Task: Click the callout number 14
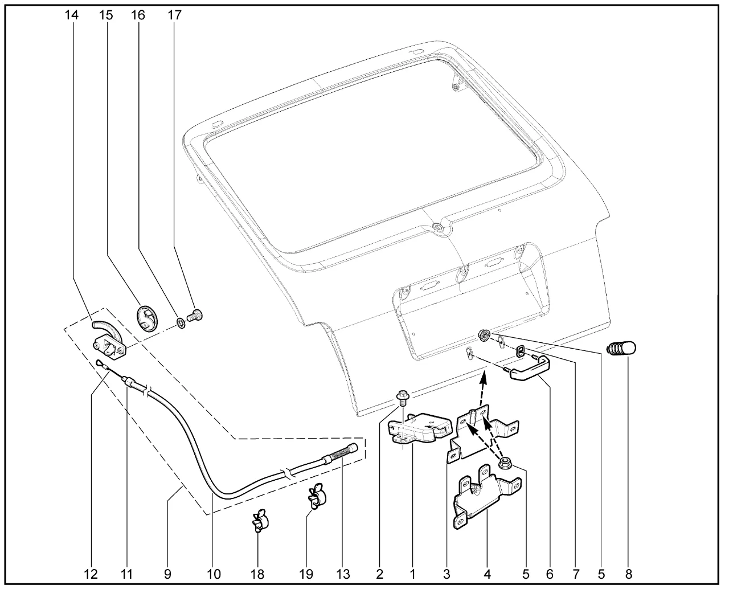[x=72, y=15]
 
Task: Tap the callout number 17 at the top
[x=174, y=15]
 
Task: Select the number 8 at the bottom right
[x=629, y=574]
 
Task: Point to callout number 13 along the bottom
[x=343, y=574]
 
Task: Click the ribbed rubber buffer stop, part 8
[x=621, y=349]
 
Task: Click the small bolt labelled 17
[x=195, y=315]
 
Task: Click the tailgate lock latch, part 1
[x=420, y=428]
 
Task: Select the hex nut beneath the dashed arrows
[x=505, y=463]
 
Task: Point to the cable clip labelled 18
[x=261, y=521]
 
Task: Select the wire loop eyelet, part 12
[x=101, y=364]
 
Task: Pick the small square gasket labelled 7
[x=521, y=350]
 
